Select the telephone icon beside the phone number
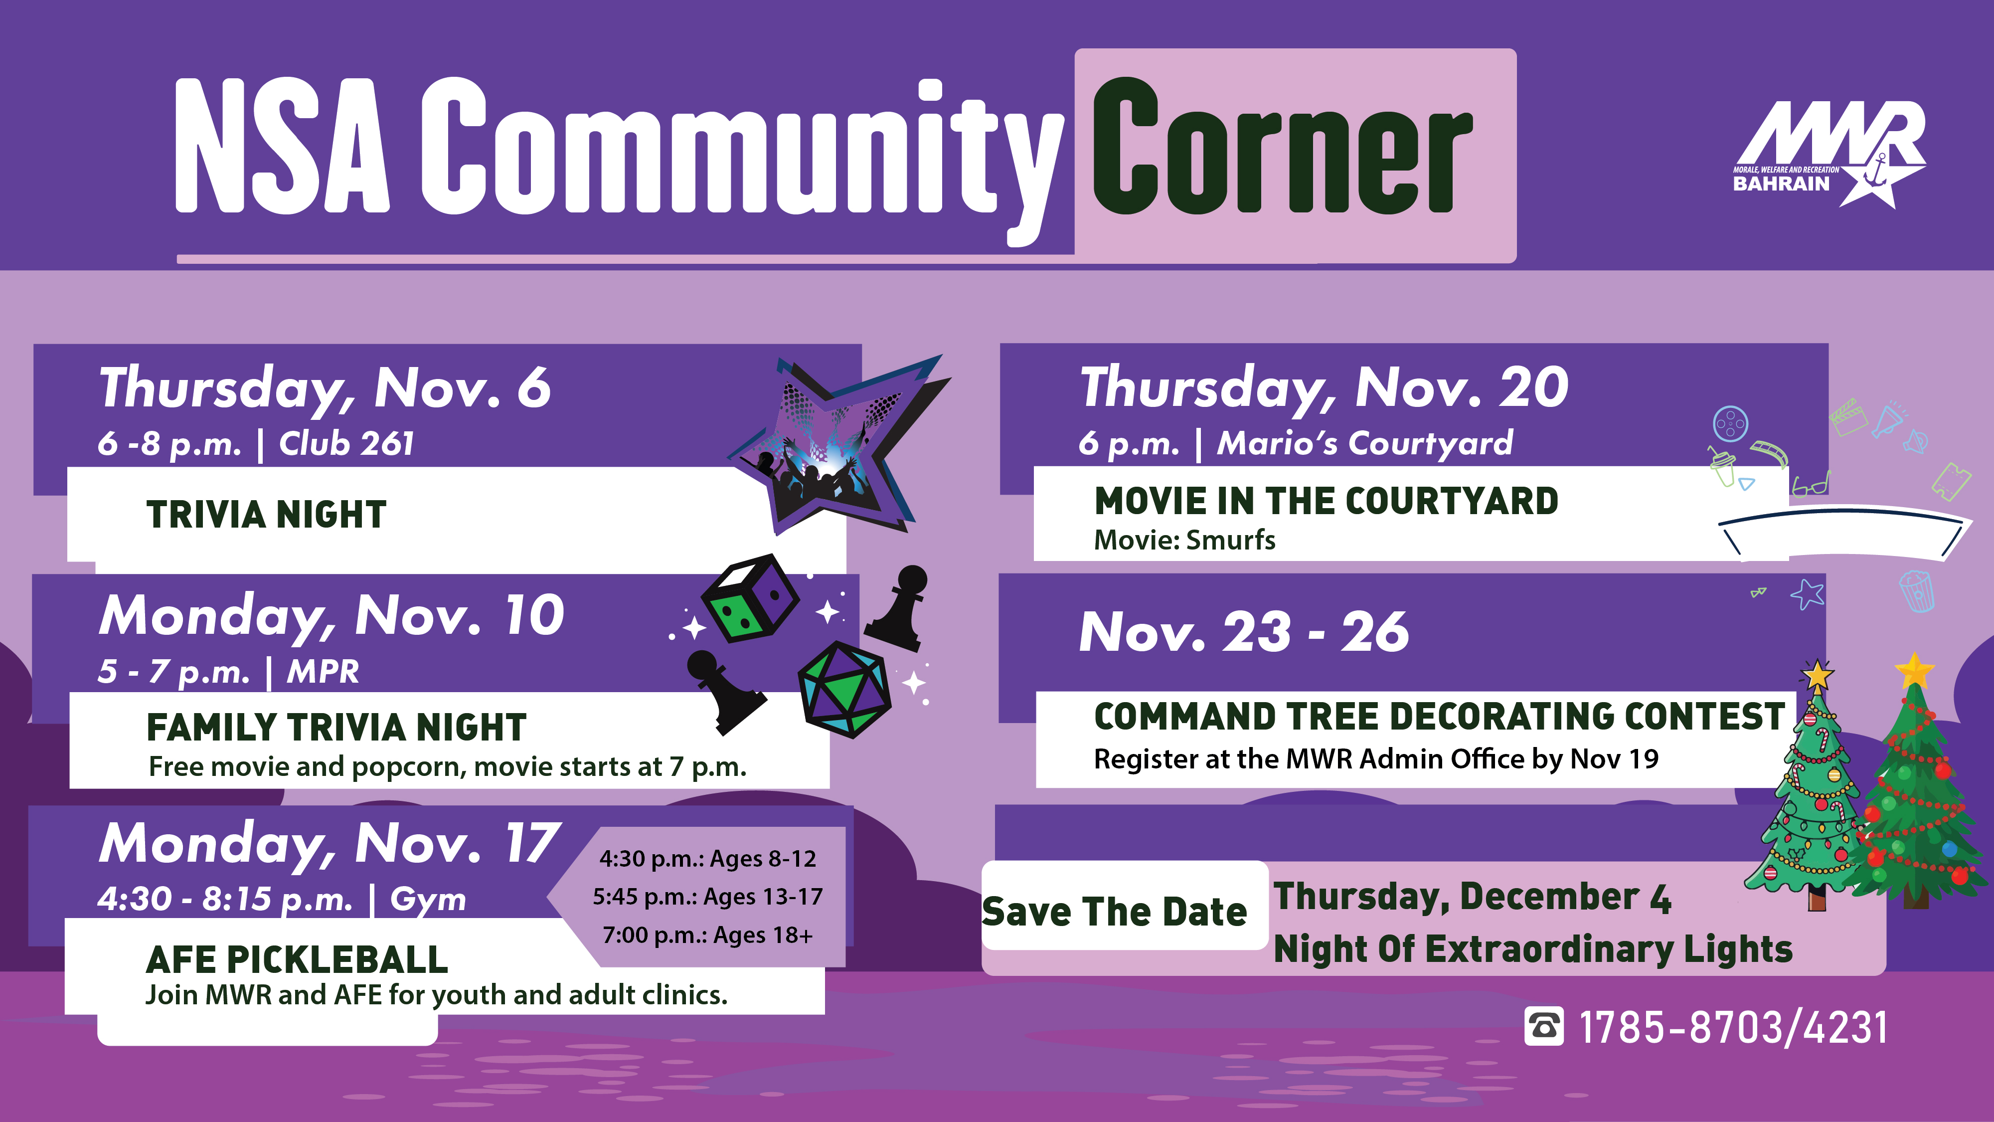(1543, 1027)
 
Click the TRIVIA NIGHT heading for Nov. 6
(266, 514)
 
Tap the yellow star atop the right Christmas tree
(1914, 670)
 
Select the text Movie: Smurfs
(1184, 540)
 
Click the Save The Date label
(1115, 912)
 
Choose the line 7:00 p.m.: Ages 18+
(707, 935)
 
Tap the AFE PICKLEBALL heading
(297, 960)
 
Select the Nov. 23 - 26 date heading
(1244, 632)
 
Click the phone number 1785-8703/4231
(1732, 1028)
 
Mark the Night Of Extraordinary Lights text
(1533, 949)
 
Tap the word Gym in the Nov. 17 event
(428, 900)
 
